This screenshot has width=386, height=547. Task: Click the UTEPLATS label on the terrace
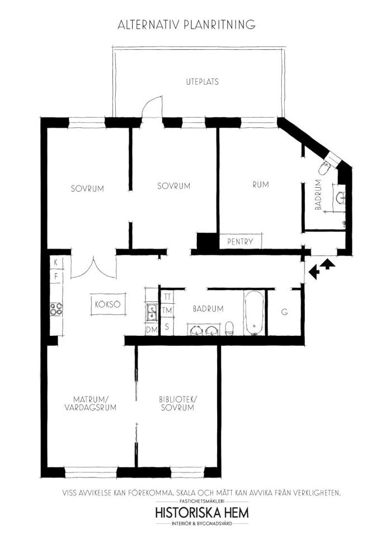pos(202,82)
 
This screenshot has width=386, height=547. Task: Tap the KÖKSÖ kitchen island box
pos(108,304)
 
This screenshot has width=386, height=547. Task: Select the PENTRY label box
pos(240,241)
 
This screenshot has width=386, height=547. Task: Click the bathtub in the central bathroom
pos(254,313)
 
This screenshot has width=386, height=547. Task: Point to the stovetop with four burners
pos(56,309)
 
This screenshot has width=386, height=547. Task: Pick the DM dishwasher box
pos(152,329)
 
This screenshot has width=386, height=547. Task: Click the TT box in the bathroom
pos(167,297)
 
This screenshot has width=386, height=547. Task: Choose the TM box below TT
pos(167,310)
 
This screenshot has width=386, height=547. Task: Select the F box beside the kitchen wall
pos(56,277)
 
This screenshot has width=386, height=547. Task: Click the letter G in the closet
pos(285,312)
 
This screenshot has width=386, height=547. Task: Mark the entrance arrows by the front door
pos(322,269)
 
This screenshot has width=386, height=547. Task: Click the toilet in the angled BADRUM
pos(325,168)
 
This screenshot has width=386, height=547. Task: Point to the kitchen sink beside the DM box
pos(152,312)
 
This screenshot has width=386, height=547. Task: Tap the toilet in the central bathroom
pos(229,328)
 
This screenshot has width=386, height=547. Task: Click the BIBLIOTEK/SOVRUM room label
pos(177,404)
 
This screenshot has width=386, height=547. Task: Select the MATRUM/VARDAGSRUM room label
pos(91,404)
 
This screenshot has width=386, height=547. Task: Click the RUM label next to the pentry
pos(261,184)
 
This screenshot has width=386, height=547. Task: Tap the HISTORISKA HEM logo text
pos(202,513)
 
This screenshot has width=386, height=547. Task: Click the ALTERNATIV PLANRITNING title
pos(186,25)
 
